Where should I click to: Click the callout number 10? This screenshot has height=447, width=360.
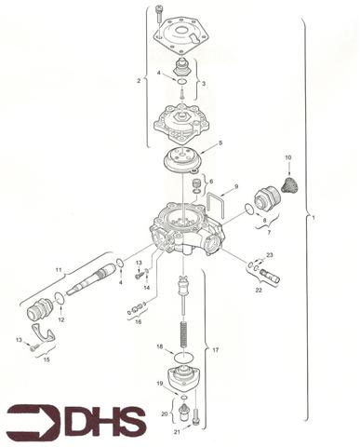pyautogui.click(x=288, y=158)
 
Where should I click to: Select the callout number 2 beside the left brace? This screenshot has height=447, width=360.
pyautogui.click(x=139, y=81)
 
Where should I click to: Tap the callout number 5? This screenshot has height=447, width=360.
pyautogui.click(x=220, y=143)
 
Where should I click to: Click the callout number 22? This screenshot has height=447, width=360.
pyautogui.click(x=259, y=291)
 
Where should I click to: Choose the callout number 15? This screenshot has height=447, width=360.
pyautogui.click(x=47, y=359)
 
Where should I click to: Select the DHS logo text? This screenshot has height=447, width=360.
pyautogui.click(x=102, y=421)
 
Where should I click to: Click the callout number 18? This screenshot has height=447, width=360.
pyautogui.click(x=159, y=346)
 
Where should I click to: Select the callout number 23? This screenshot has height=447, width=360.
pyautogui.click(x=270, y=254)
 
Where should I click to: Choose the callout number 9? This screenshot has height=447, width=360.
pyautogui.click(x=236, y=187)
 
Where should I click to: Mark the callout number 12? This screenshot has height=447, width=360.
pyautogui.click(x=61, y=319)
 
